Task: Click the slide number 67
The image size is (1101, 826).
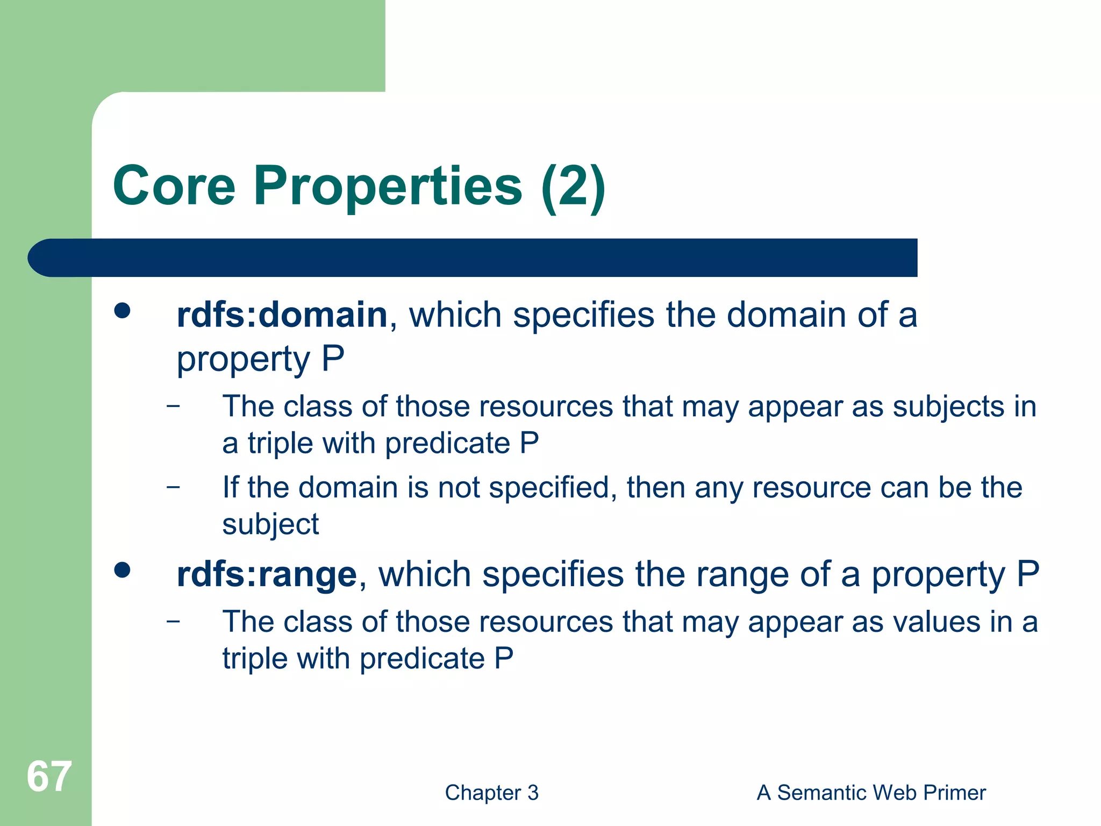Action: click(x=49, y=777)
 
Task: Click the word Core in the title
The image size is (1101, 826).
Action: click(x=174, y=186)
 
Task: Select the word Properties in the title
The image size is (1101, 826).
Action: click(x=388, y=186)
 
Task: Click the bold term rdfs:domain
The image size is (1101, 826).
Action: click(x=282, y=315)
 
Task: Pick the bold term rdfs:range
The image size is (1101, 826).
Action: click(x=267, y=575)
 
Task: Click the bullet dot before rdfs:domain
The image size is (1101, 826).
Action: click(x=123, y=311)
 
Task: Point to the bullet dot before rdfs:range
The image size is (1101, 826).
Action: click(x=123, y=570)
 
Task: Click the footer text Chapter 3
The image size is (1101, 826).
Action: click(x=491, y=793)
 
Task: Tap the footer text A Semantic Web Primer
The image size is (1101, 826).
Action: click(x=871, y=793)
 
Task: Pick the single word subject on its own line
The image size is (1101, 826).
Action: click(x=270, y=525)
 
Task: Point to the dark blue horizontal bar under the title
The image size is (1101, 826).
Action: click(x=473, y=258)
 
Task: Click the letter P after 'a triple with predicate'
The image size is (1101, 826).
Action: click(x=529, y=444)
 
